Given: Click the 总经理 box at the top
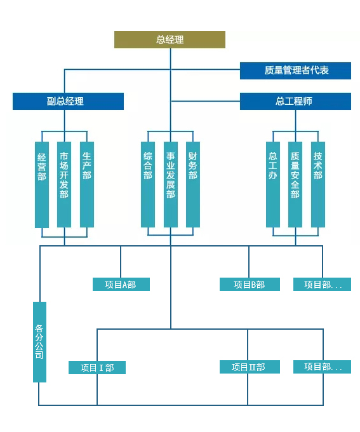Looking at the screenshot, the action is pyautogui.click(x=170, y=39).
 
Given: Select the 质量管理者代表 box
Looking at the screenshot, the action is pyautogui.click(x=295, y=71).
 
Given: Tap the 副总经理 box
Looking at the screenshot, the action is pyautogui.click(x=68, y=102).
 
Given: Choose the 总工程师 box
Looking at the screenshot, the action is pyautogui.click(x=295, y=102).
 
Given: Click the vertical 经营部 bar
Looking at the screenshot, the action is pyautogui.click(x=42, y=185).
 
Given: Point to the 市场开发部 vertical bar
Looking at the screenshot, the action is pyautogui.click(x=64, y=185).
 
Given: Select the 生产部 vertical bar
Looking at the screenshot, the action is pyautogui.click(x=87, y=185).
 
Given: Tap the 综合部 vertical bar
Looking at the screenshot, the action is pyautogui.click(x=148, y=185).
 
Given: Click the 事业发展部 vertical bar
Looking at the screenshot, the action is pyautogui.click(x=171, y=185).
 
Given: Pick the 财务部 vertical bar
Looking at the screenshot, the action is pyautogui.click(x=193, y=185).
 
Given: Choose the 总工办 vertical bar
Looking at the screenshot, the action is pyautogui.click(x=273, y=185).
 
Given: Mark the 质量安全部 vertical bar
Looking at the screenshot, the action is pyautogui.click(x=295, y=185).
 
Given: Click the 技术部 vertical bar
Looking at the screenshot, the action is pyautogui.click(x=318, y=185).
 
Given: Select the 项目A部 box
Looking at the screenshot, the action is pyautogui.click(x=121, y=285).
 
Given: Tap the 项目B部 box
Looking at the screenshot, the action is pyautogui.click(x=250, y=285).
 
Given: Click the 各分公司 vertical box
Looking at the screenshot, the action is pyautogui.click(x=39, y=342).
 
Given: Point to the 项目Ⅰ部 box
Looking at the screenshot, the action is pyautogui.click(x=97, y=368).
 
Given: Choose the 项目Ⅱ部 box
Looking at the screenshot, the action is pyautogui.click(x=250, y=367).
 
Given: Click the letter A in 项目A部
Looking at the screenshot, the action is pyautogui.click(x=124, y=285).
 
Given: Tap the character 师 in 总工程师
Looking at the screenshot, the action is pyautogui.click(x=308, y=102).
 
